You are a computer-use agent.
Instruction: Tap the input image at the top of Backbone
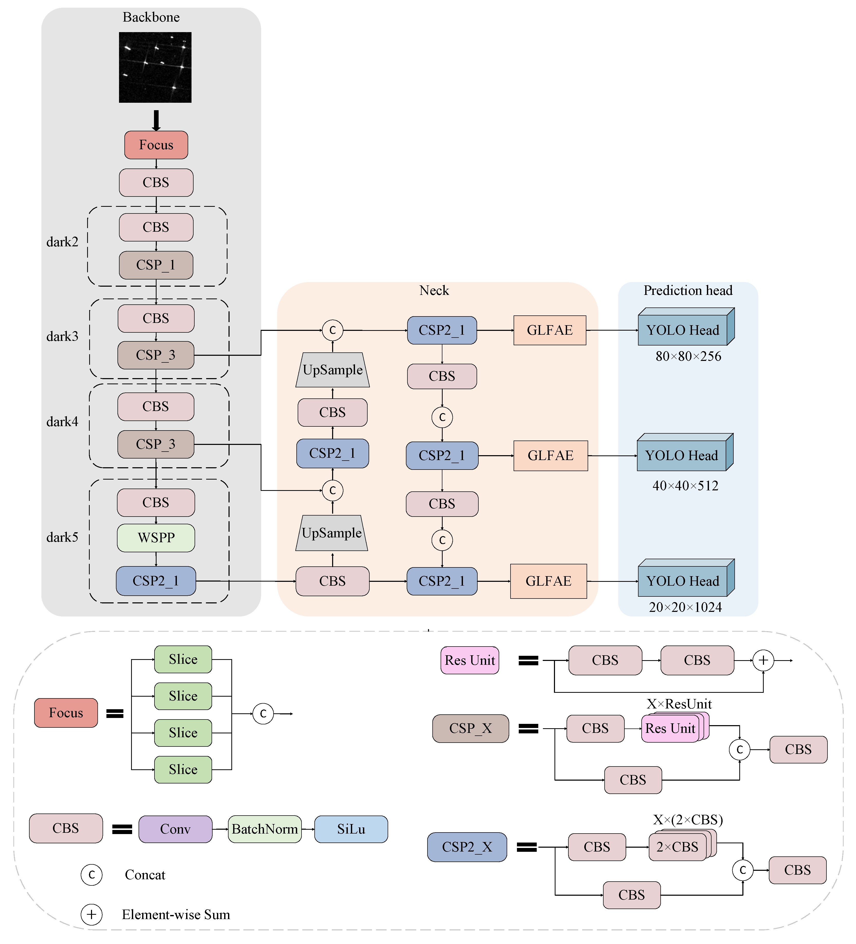pyautogui.click(x=155, y=67)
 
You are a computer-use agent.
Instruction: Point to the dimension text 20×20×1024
pyautogui.click(x=685, y=607)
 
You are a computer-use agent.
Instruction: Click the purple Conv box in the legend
pyautogui.click(x=175, y=829)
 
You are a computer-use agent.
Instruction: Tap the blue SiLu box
pyautogui.click(x=351, y=829)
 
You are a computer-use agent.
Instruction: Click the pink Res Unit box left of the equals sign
pyautogui.click(x=469, y=660)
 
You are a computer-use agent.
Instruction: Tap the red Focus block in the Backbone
pyautogui.click(x=156, y=145)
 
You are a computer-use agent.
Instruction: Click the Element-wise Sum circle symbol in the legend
pyautogui.click(x=91, y=914)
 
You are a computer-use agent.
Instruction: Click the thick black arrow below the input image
pyautogui.click(x=156, y=120)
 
